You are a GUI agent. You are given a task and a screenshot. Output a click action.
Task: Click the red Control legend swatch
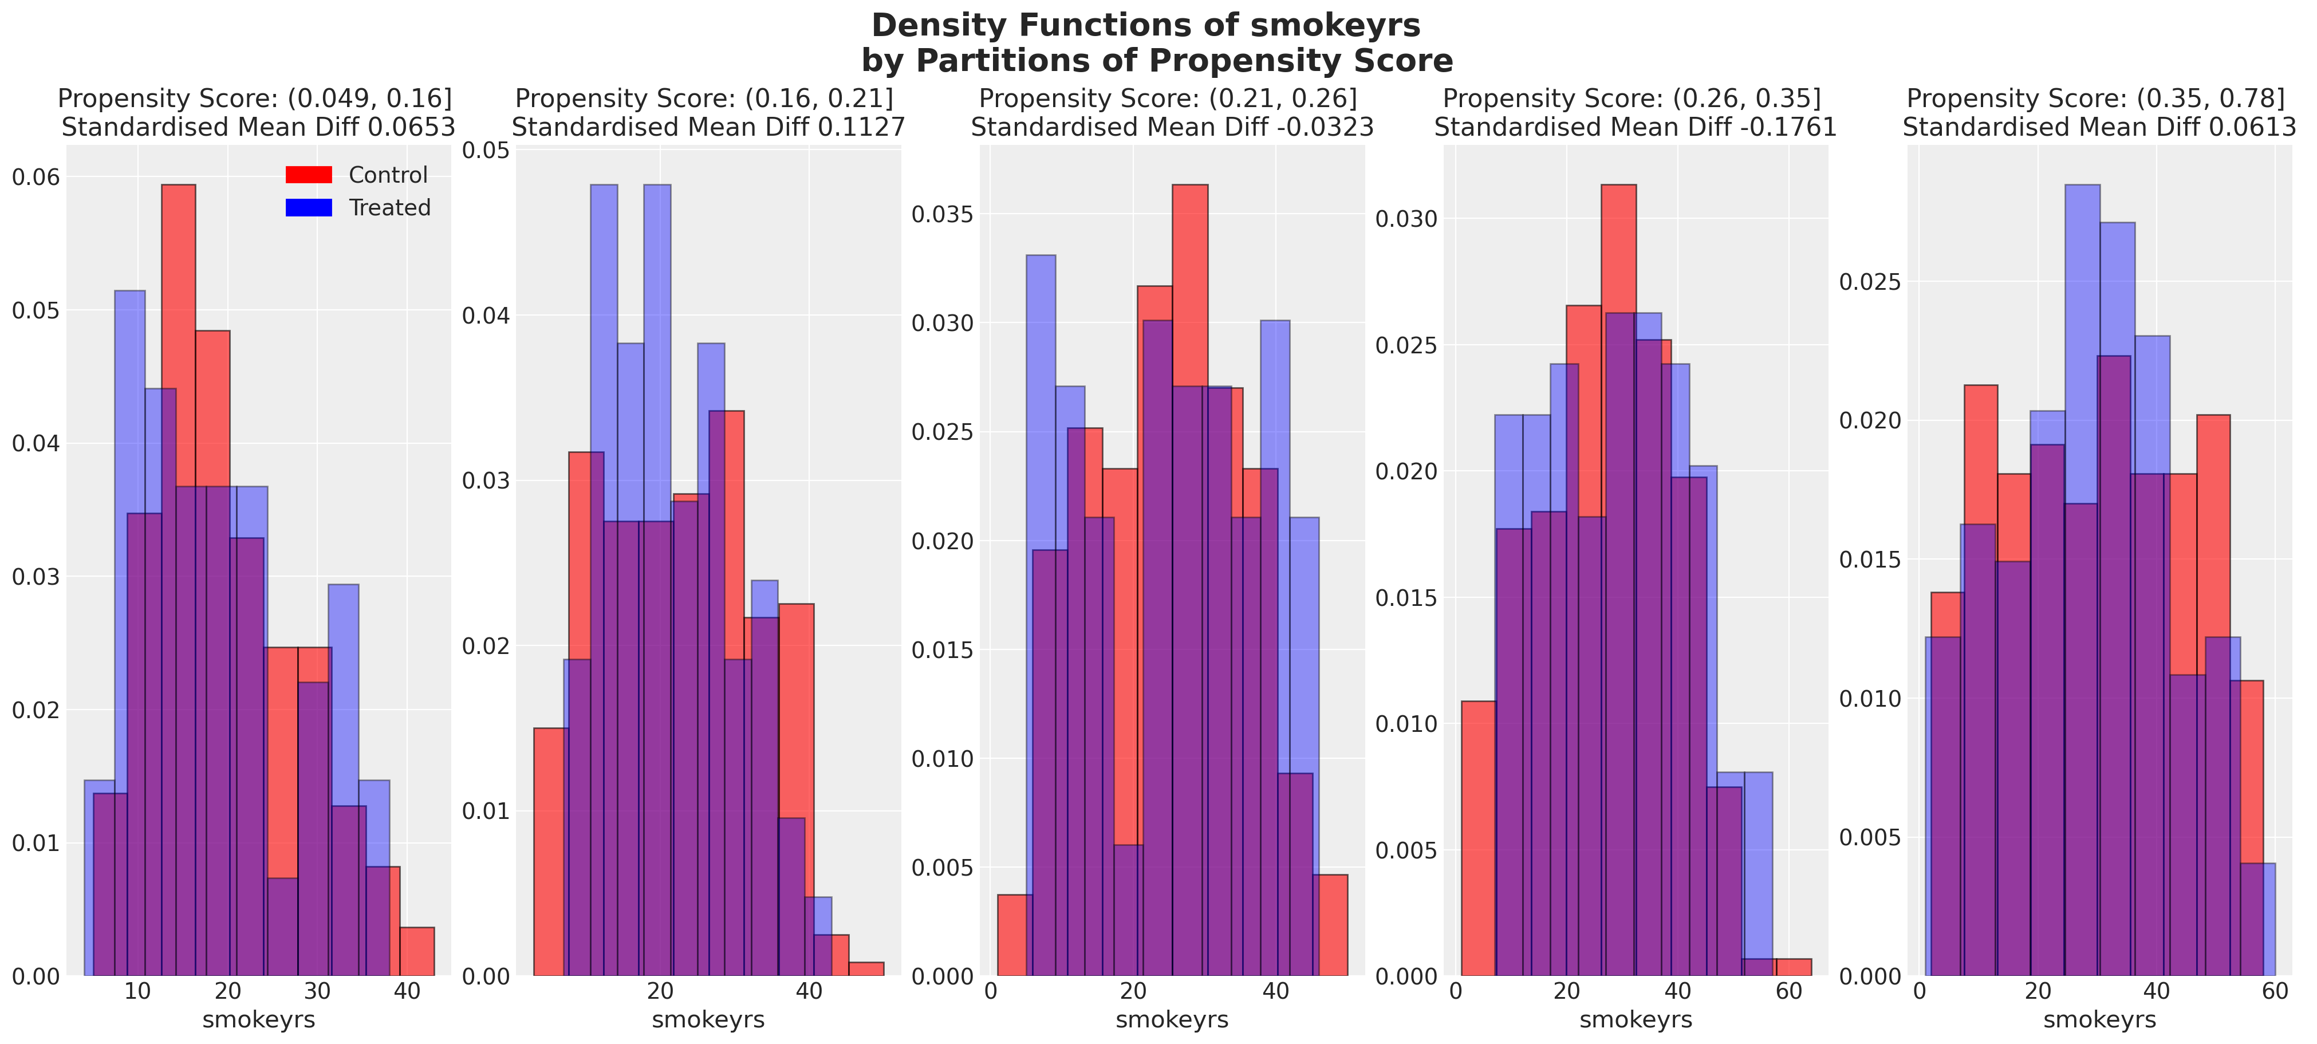[309, 175]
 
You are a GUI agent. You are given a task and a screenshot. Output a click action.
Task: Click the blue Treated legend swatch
[309, 208]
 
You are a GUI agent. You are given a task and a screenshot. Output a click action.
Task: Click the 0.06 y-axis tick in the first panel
[36, 177]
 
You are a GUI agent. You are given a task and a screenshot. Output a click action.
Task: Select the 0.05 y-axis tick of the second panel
[486, 150]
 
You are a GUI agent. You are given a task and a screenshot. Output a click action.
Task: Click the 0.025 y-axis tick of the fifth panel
[1870, 282]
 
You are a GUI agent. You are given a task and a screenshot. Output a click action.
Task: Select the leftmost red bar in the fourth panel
[1478, 836]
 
